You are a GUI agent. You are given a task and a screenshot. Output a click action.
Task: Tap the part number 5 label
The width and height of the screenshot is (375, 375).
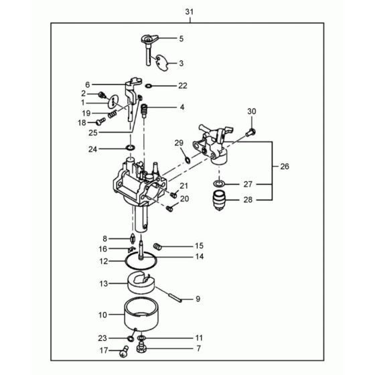click(180, 39)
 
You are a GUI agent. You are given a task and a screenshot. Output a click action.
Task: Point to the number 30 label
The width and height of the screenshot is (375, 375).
click(251, 111)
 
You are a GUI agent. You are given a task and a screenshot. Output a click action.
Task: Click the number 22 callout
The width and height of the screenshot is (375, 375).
click(183, 86)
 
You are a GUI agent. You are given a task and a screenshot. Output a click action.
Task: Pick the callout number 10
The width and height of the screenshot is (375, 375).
click(102, 314)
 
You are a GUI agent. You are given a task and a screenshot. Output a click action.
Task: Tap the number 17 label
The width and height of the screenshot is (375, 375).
click(104, 350)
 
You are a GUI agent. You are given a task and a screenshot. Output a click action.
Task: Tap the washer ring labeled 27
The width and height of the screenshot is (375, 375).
click(219, 183)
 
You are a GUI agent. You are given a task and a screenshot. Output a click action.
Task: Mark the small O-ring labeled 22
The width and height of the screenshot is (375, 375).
click(148, 86)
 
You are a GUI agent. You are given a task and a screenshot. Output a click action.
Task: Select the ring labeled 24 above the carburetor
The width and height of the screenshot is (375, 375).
click(131, 147)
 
